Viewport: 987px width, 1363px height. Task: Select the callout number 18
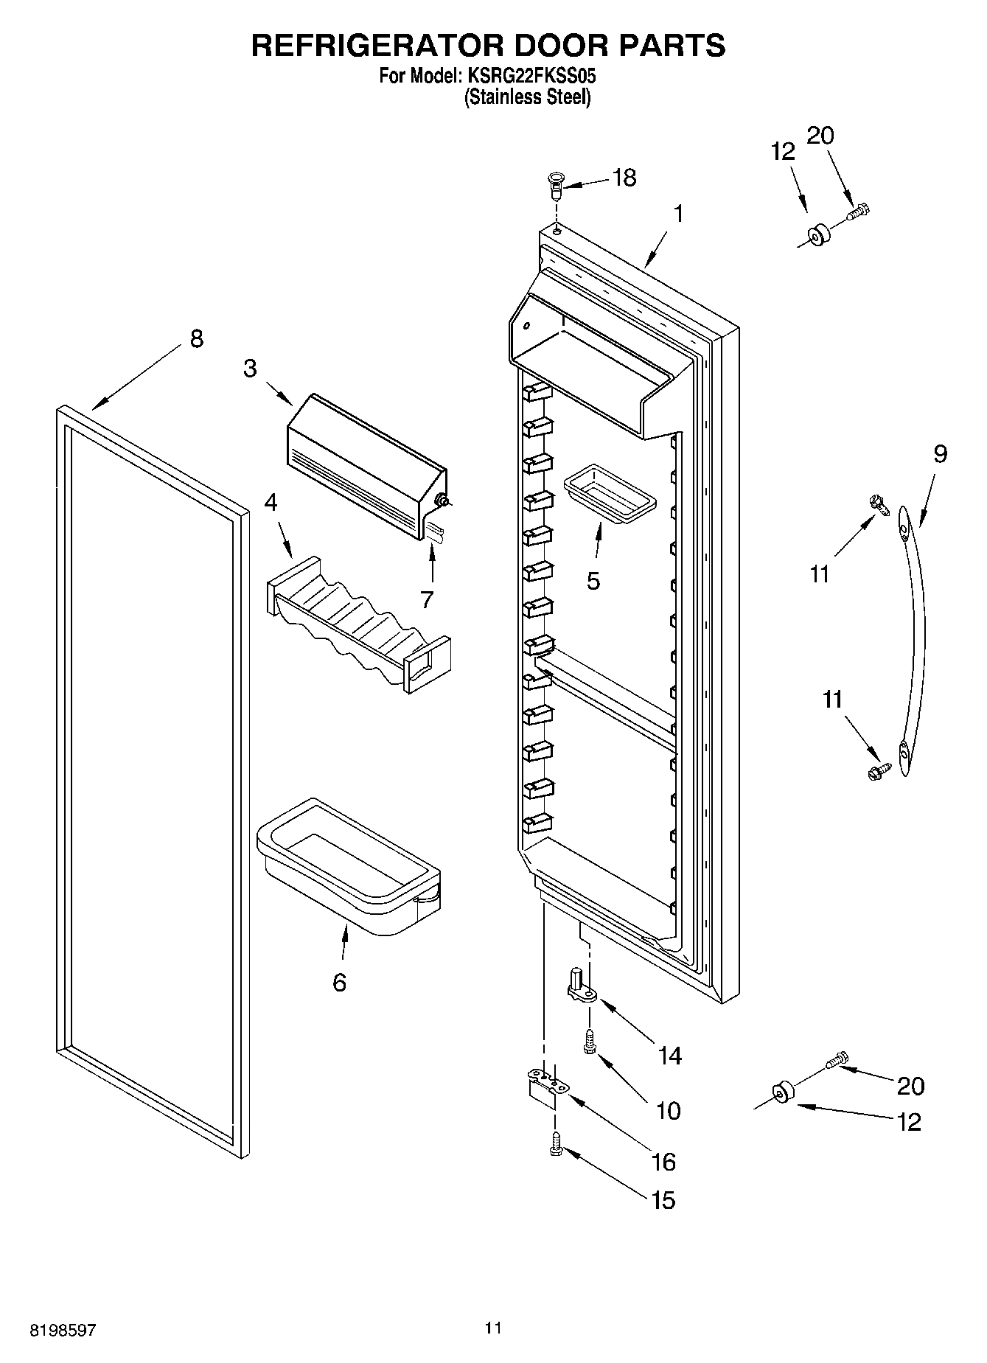pyautogui.click(x=624, y=178)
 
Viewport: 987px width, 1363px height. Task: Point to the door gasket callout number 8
pyautogui.click(x=196, y=339)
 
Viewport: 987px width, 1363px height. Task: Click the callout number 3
pyautogui.click(x=251, y=369)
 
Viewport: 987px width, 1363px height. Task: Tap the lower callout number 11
pyautogui.click(x=832, y=699)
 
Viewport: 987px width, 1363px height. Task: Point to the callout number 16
pyautogui.click(x=663, y=1162)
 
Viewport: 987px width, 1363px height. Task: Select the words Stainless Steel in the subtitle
pyautogui.click(x=527, y=97)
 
